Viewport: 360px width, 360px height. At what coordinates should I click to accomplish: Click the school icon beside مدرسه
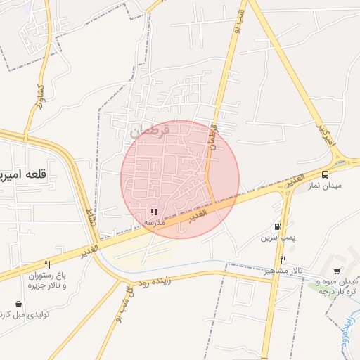(153, 211)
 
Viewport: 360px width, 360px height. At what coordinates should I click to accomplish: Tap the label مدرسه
(155, 221)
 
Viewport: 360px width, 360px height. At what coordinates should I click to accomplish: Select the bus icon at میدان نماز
(325, 174)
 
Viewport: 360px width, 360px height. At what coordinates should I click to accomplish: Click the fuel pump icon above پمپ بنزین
(278, 226)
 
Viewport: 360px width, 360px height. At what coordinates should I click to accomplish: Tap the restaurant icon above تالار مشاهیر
(283, 260)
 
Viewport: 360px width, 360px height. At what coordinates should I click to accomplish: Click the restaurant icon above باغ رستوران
(47, 265)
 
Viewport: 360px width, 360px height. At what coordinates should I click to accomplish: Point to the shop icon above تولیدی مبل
(18, 304)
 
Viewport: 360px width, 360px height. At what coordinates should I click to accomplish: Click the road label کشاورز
(39, 100)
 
